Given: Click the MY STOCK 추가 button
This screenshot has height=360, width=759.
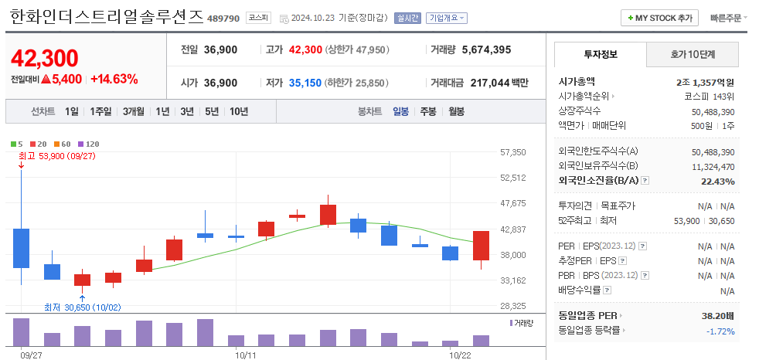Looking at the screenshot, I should pos(659,18).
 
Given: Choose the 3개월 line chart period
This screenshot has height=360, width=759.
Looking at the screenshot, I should pos(135,111).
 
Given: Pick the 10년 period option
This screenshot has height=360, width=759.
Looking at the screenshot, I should pos(239,111).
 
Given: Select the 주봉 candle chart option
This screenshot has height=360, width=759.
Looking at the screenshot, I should pos(428,111).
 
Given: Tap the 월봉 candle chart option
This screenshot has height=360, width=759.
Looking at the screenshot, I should pos(456,111).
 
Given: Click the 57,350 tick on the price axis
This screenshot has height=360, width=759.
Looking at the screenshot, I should pos(513,153).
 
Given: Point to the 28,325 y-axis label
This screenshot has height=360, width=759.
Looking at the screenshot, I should pos(513,306).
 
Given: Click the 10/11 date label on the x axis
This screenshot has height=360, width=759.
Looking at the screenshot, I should pos(245,355).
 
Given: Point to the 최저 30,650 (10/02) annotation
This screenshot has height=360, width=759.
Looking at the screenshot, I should pos(82,307).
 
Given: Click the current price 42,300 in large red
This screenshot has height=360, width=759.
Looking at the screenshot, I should pos(45,58).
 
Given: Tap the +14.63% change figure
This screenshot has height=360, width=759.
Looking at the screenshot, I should pos(114,79).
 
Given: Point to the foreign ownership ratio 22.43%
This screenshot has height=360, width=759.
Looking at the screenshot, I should pos(719,181).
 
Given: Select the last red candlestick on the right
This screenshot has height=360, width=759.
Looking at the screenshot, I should pos(481,246).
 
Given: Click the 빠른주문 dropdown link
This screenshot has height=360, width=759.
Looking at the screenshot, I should pos(728,18).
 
